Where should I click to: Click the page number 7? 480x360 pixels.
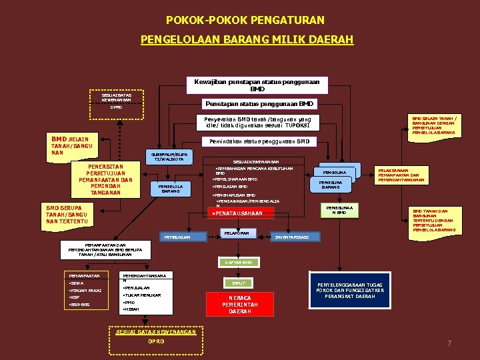pyautogui.click(x=449, y=343)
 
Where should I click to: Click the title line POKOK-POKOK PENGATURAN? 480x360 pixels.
pyautogui.click(x=245, y=21)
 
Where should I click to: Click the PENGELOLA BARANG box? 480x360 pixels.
pyautogui.click(x=171, y=188)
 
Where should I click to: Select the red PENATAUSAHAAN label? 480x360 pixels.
pyautogui.click(x=237, y=213)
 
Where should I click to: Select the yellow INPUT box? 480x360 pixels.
pyautogui.click(x=238, y=283)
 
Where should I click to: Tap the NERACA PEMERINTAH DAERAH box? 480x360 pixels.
pyautogui.click(x=239, y=304)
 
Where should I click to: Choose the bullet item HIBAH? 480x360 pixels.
pyautogui.click(x=131, y=309)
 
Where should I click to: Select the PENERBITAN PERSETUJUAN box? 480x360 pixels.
pyautogui.click(x=105, y=179)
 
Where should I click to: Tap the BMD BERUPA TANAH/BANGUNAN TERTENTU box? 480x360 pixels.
pyautogui.click(x=67, y=214)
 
